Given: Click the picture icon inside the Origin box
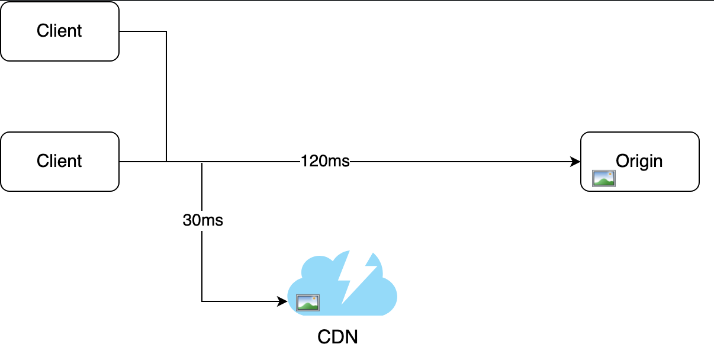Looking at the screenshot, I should [604, 178].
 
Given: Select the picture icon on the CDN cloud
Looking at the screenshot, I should [308, 303].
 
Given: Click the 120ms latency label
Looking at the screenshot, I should [325, 161].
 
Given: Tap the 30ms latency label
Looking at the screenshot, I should [202, 220].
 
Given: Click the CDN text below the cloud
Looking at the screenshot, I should [338, 337].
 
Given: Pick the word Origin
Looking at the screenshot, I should [639, 161].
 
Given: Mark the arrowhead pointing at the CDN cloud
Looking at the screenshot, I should [282, 301].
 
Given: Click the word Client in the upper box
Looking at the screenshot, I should [59, 31].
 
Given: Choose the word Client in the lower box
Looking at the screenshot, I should [59, 161].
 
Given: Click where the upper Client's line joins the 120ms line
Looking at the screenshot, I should [166, 161].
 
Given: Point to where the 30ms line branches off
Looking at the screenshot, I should [202, 161].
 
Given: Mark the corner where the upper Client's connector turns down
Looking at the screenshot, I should [166, 31].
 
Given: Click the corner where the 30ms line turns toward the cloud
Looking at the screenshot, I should [202, 301].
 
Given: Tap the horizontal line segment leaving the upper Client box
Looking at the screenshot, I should [142, 31].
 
